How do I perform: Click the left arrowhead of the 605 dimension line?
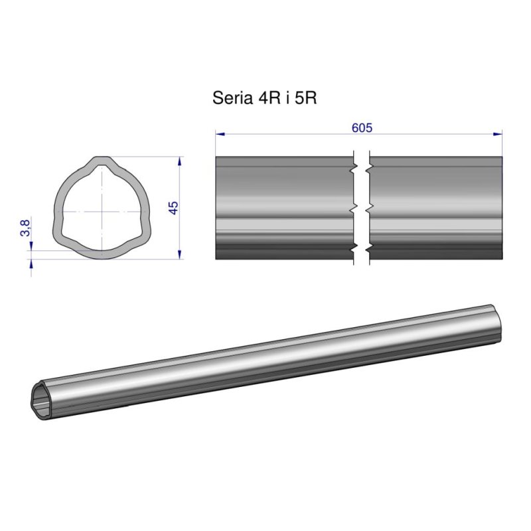220,134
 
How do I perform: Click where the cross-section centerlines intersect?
102,210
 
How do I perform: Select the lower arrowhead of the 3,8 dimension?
31,262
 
